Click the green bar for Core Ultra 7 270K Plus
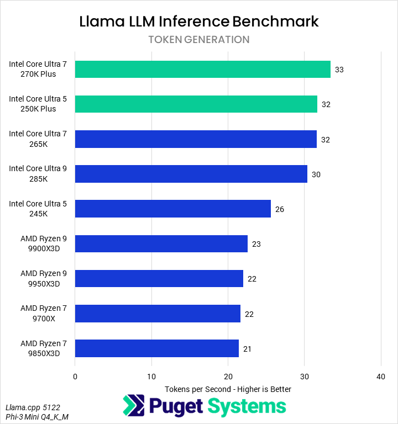[202, 69]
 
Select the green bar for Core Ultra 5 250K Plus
[196, 104]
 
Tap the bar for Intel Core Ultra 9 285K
[191, 174]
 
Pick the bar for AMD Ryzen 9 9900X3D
[161, 243]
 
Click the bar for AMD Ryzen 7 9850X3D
[156, 348]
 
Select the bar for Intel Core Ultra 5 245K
[172, 209]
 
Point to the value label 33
[339, 70]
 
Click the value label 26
[279, 209]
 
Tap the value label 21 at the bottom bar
[247, 349]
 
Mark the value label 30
[316, 174]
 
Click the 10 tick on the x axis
[151, 377]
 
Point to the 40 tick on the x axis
[380, 377]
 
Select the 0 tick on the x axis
[75, 377]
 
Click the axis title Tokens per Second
[228, 389]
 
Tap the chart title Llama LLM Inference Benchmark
[199, 22]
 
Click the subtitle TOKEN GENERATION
[199, 40]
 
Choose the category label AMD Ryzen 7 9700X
[43, 313]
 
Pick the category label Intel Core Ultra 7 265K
[38, 139]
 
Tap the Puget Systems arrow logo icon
[133, 406]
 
